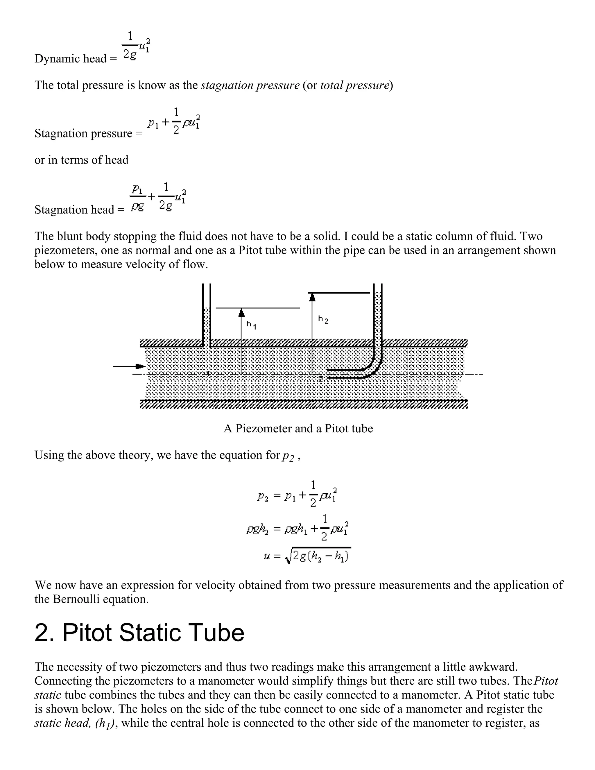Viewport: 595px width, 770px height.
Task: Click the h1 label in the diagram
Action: click(x=251, y=325)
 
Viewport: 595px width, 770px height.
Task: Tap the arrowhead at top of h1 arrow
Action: click(x=241, y=313)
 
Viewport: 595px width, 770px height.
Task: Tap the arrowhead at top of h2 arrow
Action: click(x=312, y=298)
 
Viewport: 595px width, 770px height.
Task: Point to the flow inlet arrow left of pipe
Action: click(x=129, y=366)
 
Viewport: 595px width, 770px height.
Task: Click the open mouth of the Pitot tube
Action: click(x=328, y=374)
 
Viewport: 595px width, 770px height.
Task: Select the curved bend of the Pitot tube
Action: click(x=374, y=367)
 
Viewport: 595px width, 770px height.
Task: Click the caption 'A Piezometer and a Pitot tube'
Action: click(x=298, y=428)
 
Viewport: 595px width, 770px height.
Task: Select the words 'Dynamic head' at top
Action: click(x=71, y=58)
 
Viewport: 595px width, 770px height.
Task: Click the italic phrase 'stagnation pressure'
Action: click(x=250, y=85)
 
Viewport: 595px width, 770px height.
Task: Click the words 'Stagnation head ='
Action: click(x=79, y=210)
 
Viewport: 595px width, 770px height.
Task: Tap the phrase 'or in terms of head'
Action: click(x=81, y=160)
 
